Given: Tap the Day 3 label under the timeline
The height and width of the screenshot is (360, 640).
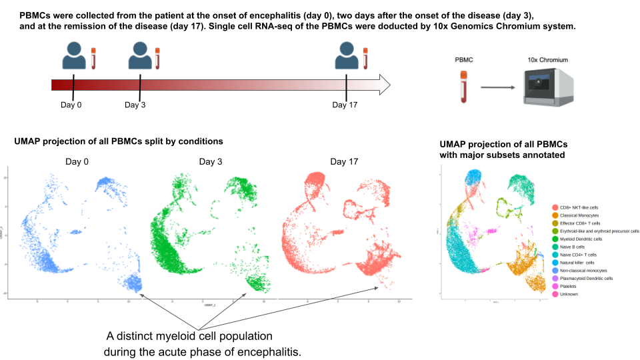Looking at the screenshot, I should [136, 105].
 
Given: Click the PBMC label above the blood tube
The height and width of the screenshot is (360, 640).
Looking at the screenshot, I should [463, 61].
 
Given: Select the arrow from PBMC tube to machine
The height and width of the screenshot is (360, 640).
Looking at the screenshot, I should [498, 87].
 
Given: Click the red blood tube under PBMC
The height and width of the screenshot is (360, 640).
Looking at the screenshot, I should [462, 87].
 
